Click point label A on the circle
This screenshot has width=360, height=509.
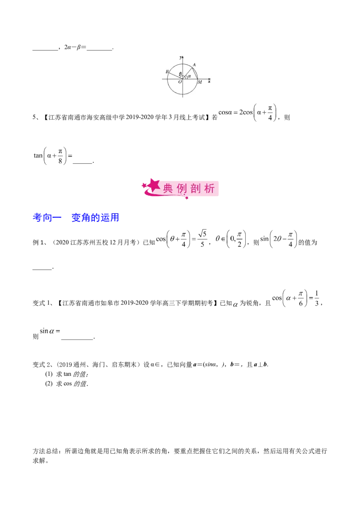pyautogui.click(x=194, y=65)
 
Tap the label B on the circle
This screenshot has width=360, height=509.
pyautogui.click(x=167, y=72)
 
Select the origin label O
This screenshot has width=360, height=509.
pyautogui.click(x=180, y=82)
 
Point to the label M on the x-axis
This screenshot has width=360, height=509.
pyautogui.click(x=199, y=82)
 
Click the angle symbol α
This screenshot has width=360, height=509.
pyautogui.click(x=189, y=76)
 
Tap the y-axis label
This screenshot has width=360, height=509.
pyautogui.click(x=180, y=58)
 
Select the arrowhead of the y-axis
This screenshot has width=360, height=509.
pyautogui.click(x=183, y=57)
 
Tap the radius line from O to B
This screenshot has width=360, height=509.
pyautogui.click(x=175, y=76)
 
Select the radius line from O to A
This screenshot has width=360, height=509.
pyautogui.click(x=187, y=73)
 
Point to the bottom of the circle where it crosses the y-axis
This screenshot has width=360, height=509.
pyautogui.click(x=183, y=94)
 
